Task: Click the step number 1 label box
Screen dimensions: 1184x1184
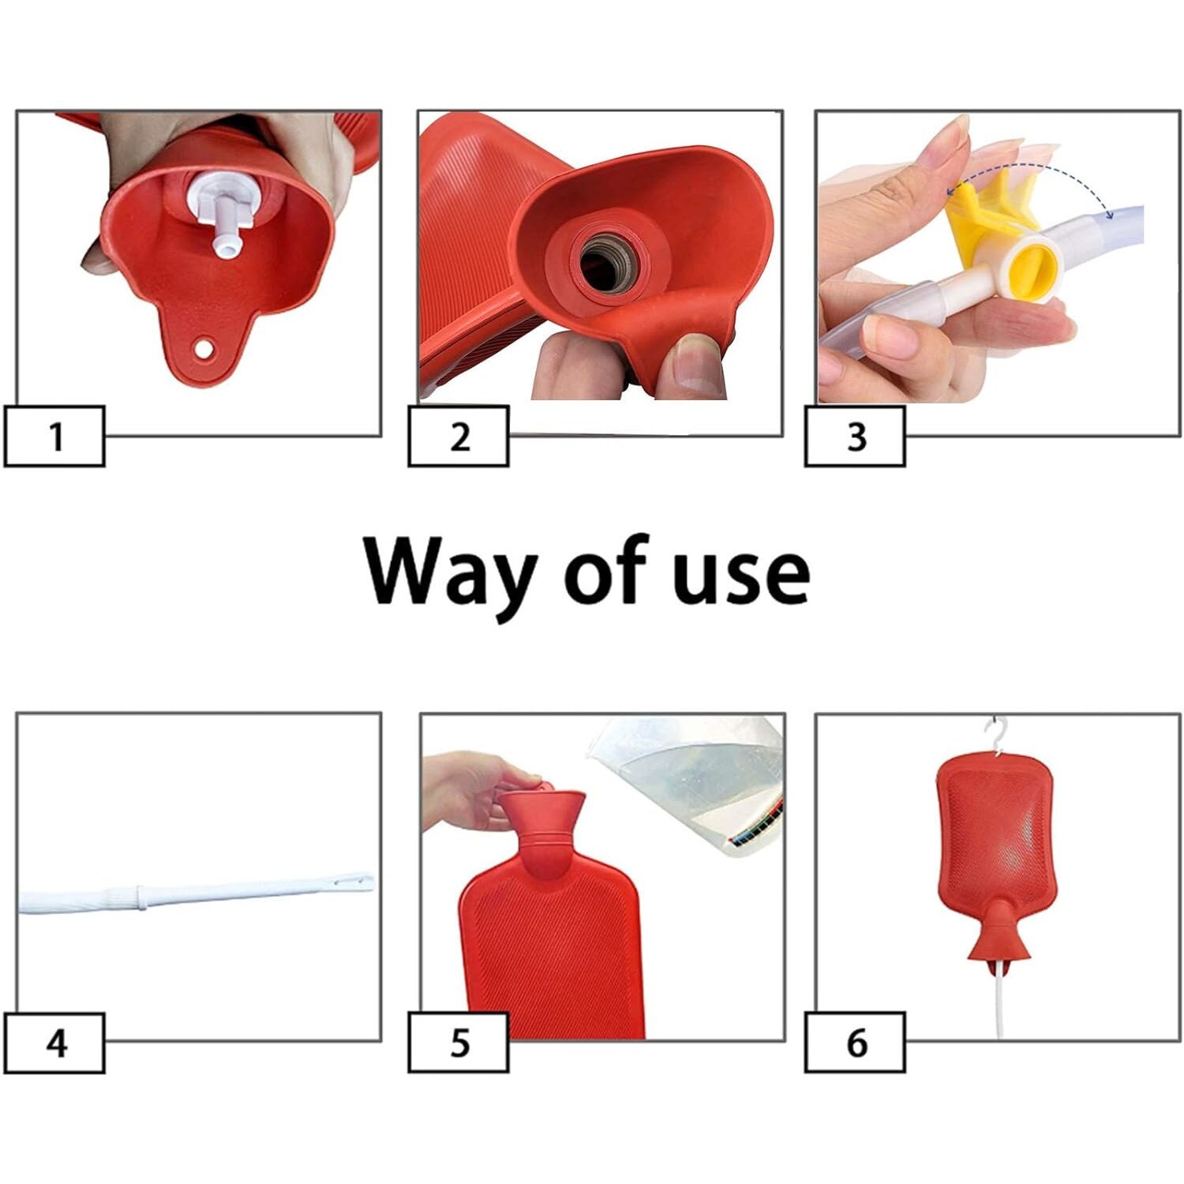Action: pos(54,436)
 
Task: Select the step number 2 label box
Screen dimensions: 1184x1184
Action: pos(459,436)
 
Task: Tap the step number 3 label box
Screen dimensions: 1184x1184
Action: pos(855,436)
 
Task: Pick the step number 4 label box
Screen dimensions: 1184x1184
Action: pos(54,1043)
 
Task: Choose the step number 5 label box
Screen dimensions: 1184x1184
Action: pos(459,1043)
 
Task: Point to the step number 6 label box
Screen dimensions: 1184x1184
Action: pos(855,1043)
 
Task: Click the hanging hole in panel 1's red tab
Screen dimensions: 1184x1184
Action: pos(205,347)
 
